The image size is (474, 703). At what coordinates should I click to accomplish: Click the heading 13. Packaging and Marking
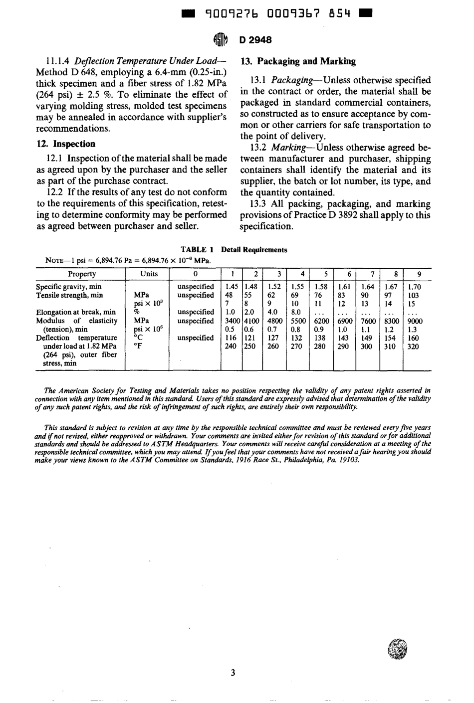pos(298,61)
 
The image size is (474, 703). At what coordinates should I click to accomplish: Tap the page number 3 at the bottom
pos(233,673)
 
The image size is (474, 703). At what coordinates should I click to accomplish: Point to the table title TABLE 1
pos(197,250)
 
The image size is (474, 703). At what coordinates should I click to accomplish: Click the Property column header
pos(82,274)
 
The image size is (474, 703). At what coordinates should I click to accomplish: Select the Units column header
pos(149,274)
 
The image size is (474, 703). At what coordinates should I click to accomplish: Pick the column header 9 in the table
pos(418,274)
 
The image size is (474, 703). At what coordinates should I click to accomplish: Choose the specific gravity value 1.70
pos(415,287)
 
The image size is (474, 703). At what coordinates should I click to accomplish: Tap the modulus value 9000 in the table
pos(415,321)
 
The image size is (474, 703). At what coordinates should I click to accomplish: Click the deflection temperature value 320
pos(413,347)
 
